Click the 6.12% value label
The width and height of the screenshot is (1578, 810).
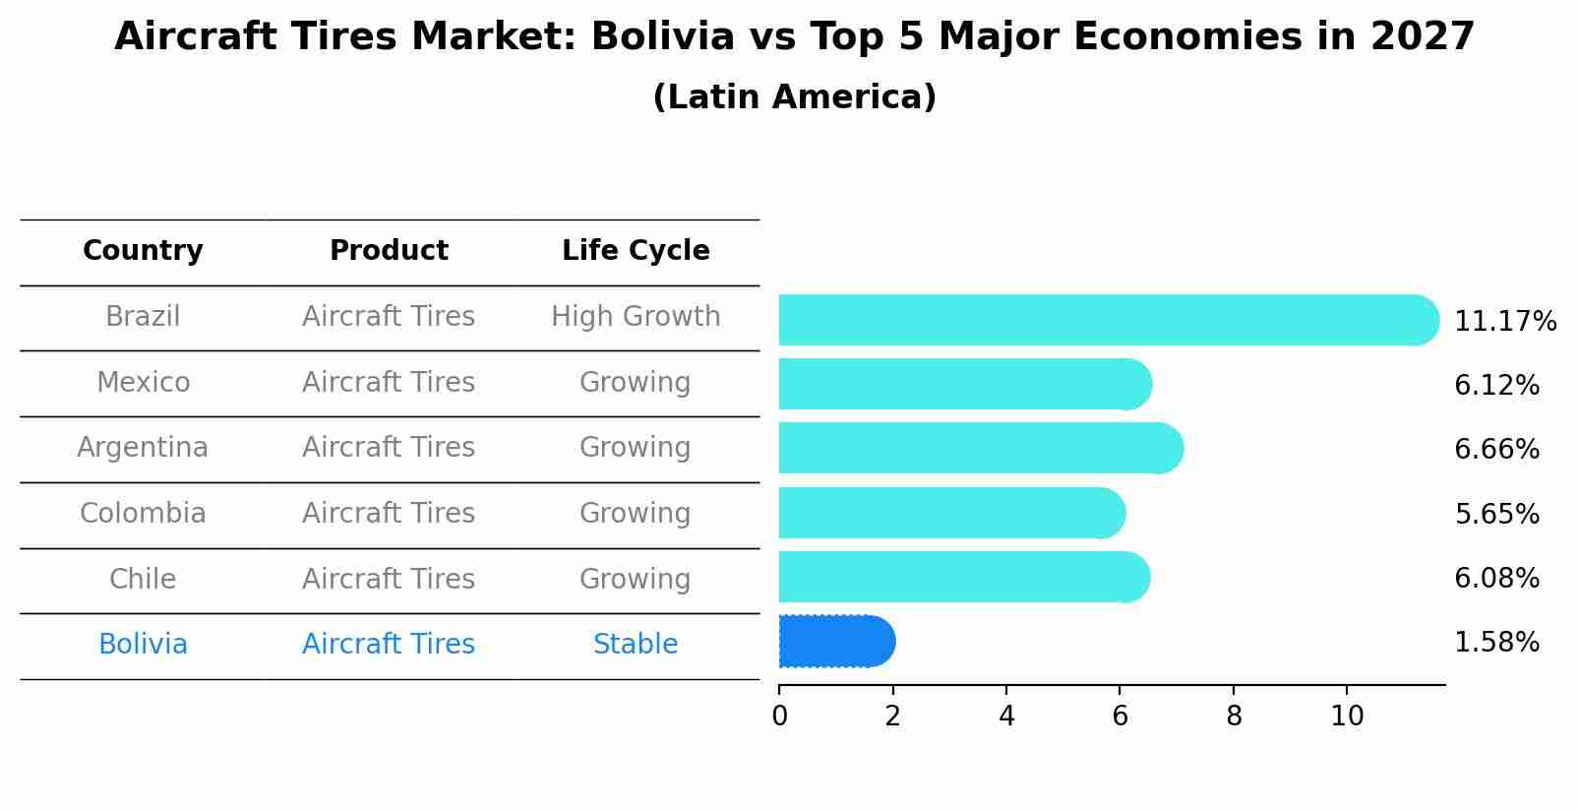click(1496, 386)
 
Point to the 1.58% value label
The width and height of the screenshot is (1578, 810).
click(1496, 643)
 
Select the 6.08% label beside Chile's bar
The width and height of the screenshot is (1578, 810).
click(1496, 578)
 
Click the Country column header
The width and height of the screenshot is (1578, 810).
click(143, 251)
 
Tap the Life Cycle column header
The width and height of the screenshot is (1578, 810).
click(636, 251)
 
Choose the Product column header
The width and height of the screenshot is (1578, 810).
click(389, 251)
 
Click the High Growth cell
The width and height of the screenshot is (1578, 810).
click(636, 317)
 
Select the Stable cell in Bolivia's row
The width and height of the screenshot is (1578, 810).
click(636, 645)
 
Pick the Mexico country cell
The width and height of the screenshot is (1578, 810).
click(143, 382)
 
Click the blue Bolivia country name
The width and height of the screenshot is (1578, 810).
click(143, 645)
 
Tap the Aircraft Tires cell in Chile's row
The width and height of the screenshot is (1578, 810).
click(389, 579)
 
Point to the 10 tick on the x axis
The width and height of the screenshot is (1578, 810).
click(1347, 717)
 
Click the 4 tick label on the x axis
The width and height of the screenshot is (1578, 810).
click(1006, 717)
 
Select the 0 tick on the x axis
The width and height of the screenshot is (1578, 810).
click(779, 717)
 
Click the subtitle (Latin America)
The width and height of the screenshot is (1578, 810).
click(794, 97)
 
